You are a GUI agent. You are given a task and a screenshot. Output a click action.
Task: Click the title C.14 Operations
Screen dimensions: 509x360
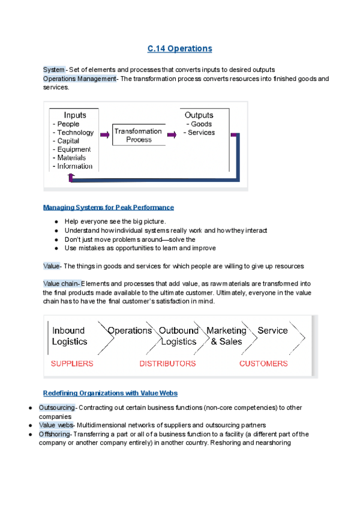180,48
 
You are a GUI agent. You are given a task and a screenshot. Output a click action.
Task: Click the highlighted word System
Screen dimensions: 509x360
53,70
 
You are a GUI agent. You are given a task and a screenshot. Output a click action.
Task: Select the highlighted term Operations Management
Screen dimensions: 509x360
79,79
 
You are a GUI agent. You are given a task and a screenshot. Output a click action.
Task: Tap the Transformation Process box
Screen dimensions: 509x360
139,135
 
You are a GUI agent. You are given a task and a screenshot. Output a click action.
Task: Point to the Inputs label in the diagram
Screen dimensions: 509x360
75,115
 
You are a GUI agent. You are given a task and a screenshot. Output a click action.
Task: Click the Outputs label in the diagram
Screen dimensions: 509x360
199,115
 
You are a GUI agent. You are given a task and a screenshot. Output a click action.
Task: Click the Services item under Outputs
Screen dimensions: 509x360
200,133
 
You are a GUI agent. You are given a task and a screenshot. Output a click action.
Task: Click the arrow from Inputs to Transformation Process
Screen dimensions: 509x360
104,136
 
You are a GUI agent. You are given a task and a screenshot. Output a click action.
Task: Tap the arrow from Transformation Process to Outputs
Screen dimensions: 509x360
172,136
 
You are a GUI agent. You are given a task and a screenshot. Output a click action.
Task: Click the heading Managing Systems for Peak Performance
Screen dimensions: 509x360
109,207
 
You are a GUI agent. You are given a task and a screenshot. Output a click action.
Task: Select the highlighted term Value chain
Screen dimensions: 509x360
61,283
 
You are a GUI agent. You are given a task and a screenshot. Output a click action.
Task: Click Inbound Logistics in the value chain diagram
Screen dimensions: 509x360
70,336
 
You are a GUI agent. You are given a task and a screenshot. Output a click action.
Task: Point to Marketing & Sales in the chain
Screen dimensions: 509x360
226,336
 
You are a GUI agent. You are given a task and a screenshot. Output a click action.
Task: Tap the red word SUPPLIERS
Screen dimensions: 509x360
72,363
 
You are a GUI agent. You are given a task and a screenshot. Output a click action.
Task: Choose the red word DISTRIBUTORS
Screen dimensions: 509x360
167,363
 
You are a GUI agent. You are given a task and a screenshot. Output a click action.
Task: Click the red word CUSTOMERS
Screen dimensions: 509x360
263,363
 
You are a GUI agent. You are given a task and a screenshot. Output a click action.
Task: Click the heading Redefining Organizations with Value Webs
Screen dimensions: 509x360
110,393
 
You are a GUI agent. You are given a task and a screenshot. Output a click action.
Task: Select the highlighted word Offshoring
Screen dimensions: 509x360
55,434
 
